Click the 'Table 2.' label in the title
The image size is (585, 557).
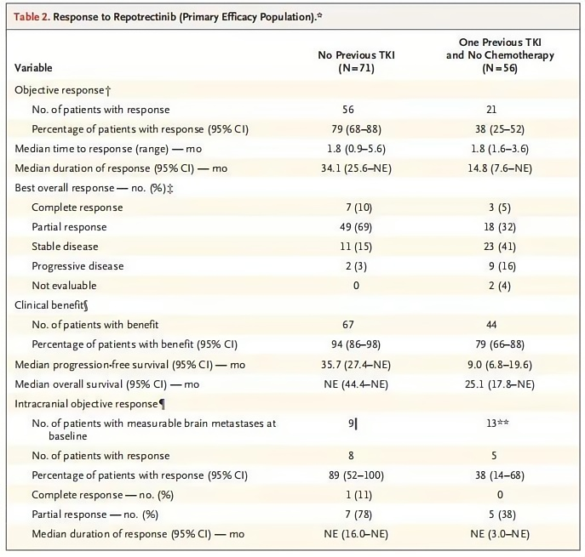[x=32, y=17]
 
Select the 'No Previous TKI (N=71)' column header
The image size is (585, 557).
[x=356, y=61]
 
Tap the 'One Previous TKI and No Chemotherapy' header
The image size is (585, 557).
[x=500, y=48]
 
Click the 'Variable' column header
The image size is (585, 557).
[x=33, y=68]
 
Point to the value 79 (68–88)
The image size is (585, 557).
[x=356, y=129]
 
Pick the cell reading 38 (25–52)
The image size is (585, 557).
[x=500, y=129]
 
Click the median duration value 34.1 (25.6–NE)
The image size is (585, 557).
[x=356, y=168]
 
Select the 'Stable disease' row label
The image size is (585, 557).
[x=65, y=247]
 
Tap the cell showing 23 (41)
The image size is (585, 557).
[x=500, y=247]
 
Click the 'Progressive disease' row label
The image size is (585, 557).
[x=77, y=266]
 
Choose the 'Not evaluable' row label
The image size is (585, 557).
[x=64, y=286]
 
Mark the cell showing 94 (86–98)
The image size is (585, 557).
[x=356, y=344]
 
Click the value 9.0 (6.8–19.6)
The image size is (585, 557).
[x=500, y=364]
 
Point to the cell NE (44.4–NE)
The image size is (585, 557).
[x=356, y=384]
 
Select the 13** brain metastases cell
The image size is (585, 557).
[x=497, y=423]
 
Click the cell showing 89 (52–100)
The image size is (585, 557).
[x=356, y=475]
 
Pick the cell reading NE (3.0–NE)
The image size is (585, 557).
[x=500, y=534]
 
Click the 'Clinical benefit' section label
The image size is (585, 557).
[x=51, y=305]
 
